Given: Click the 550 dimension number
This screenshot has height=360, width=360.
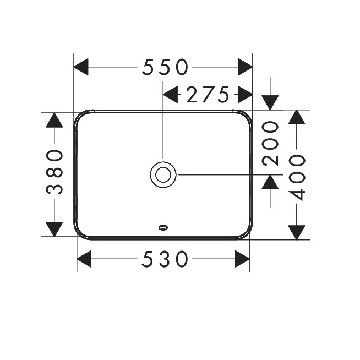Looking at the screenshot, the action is [165, 67].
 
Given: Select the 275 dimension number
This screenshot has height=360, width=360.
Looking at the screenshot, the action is [208, 94].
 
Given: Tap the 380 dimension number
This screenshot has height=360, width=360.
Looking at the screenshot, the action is [54, 172].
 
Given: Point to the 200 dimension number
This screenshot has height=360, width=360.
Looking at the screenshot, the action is [270, 144].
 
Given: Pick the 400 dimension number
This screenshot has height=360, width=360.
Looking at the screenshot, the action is [297, 178].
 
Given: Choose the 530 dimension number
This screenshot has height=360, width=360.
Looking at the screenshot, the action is [165, 259].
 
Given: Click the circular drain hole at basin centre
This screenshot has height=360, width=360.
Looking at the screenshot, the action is [163, 174].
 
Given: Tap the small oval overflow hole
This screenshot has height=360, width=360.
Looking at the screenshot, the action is [163, 227].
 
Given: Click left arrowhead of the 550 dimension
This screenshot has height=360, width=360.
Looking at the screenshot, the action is [81, 67].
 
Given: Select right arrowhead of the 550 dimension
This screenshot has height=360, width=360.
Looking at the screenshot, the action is [245, 67].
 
